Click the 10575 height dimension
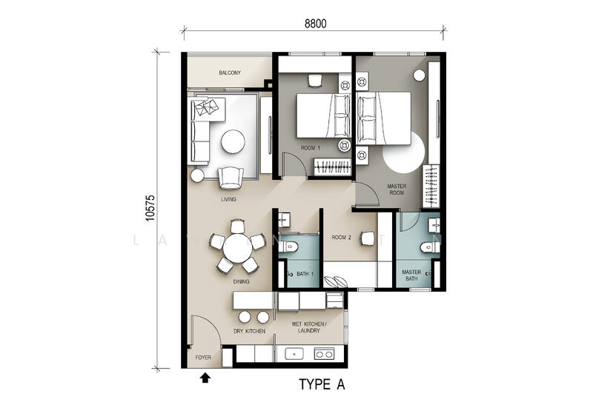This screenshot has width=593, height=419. tap(150, 209)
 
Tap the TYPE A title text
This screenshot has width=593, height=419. tap(322, 385)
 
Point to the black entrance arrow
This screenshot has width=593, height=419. tap(205, 378)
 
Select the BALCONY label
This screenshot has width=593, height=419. tap(229, 73)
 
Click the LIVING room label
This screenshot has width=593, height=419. tap(228, 199)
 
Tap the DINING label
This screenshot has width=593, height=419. tap(240, 281)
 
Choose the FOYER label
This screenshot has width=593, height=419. tap(203, 358)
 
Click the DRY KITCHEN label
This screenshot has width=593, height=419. tap(250, 331)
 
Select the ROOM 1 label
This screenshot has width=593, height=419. tap(310, 148)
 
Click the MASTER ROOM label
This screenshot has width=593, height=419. tap(397, 189)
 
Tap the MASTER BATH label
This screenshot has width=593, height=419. tap(411, 276)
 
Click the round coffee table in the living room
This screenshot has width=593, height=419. tap(233, 141)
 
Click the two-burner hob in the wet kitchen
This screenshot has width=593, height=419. tap(324, 353)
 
